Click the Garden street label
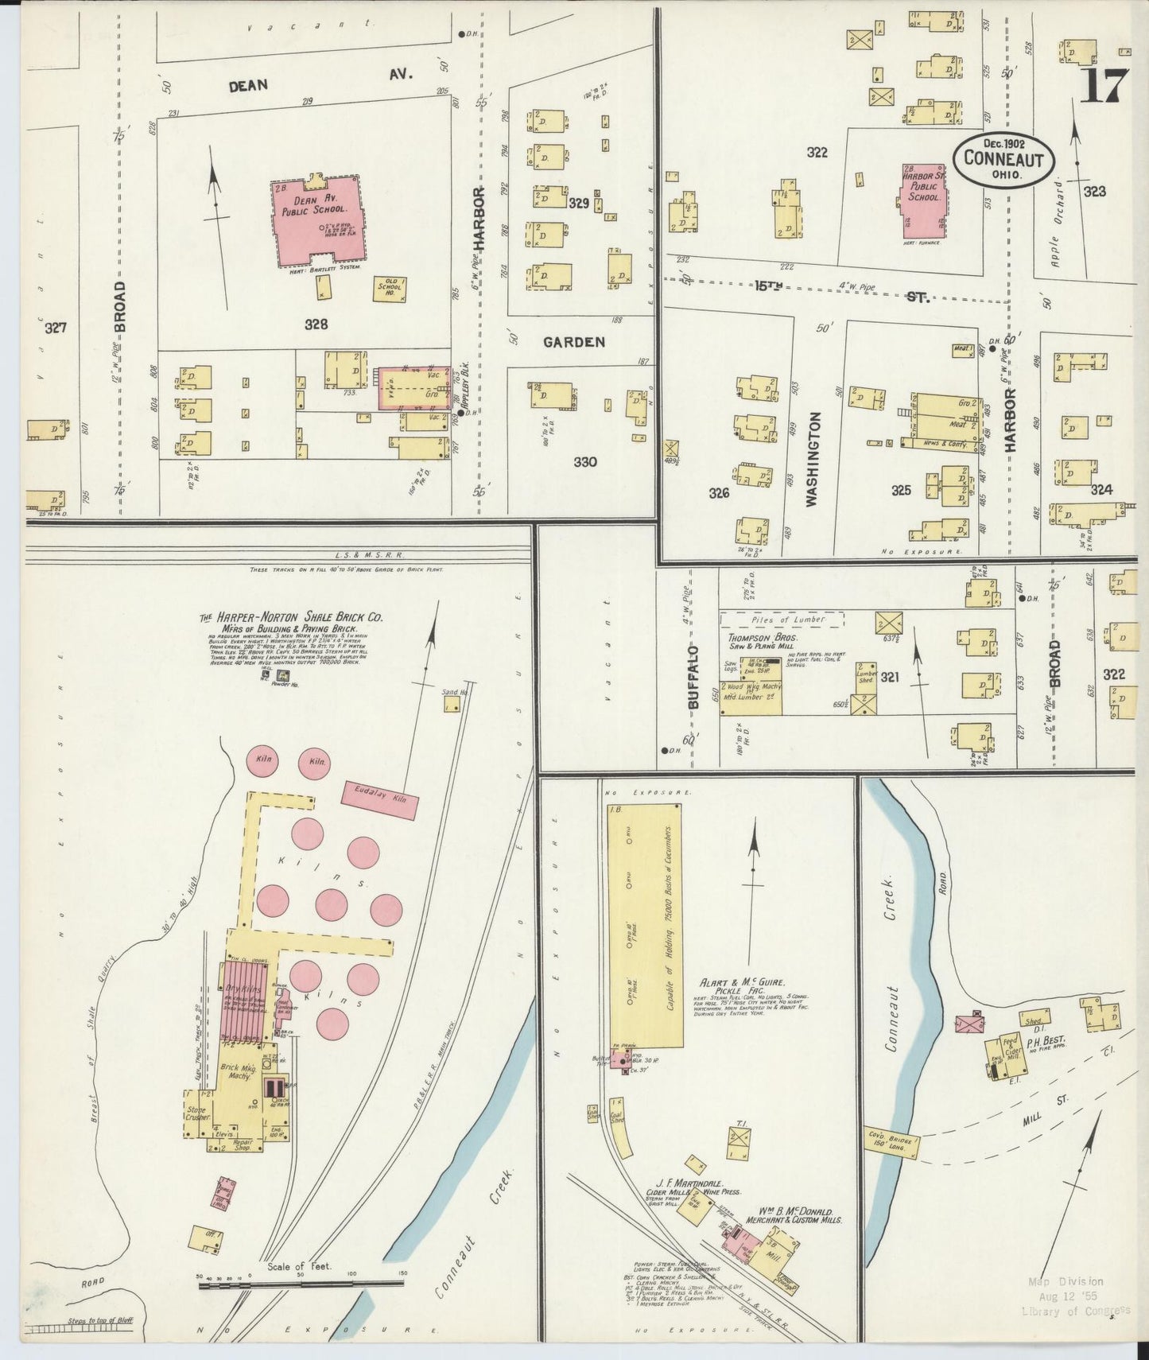coord(574,342)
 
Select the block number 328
coord(315,324)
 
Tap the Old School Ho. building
coord(392,289)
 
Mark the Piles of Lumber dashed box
coord(782,619)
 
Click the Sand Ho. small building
coord(452,703)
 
